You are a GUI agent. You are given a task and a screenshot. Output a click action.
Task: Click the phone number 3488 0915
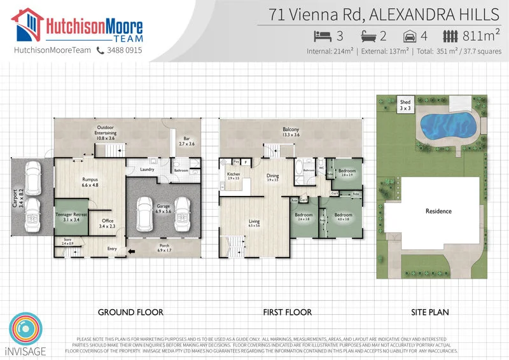(124, 50)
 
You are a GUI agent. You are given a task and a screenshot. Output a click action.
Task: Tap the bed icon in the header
(323, 36)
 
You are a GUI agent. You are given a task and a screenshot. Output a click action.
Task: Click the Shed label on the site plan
(405, 102)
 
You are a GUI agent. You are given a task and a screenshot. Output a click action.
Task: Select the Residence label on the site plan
(438, 211)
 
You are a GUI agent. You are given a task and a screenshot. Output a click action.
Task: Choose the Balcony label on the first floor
(291, 130)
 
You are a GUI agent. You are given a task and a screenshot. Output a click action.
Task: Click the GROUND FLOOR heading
(130, 312)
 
